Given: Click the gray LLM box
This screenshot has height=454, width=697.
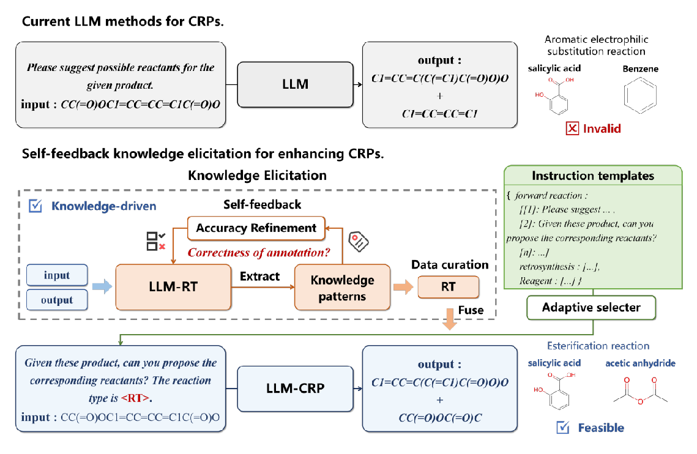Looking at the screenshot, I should [296, 84].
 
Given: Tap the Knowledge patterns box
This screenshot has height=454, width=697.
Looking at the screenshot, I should [342, 288].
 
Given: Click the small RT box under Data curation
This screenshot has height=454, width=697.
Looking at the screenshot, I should [448, 286].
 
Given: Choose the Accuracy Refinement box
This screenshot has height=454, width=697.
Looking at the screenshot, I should [256, 228].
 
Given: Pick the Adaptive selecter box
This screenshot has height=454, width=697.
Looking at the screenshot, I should [592, 307].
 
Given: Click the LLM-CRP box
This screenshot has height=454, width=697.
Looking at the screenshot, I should [296, 389].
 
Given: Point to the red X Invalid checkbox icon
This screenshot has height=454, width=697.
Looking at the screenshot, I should [572, 128].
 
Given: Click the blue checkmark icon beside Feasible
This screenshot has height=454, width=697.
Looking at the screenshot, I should [563, 428].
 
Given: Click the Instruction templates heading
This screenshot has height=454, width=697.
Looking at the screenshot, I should [592, 176].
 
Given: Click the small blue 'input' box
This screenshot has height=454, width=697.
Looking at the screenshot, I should [57, 275].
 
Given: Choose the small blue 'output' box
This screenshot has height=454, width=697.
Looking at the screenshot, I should [57, 300].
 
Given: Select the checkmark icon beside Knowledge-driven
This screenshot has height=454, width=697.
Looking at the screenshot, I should [36, 206].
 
